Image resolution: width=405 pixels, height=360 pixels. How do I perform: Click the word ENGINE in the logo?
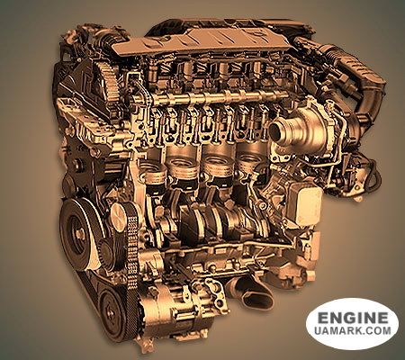[x=353, y=317]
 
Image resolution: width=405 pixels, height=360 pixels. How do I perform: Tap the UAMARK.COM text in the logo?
[x=353, y=330]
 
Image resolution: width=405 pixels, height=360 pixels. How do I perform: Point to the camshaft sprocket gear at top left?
[x=106, y=79]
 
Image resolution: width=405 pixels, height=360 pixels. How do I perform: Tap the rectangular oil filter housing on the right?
[x=303, y=203]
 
